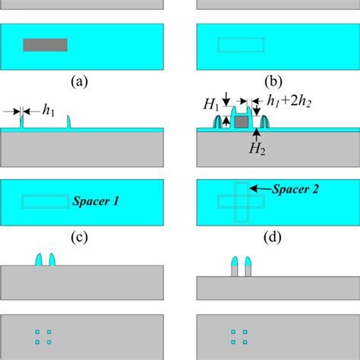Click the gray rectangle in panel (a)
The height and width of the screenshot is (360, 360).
pyautogui.click(x=46, y=45)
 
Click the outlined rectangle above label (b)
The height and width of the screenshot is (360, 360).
pyautogui.click(x=240, y=45)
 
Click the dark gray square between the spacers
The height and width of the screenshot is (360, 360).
pyautogui.click(x=241, y=122)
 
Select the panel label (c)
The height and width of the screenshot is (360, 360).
pyautogui.click(x=81, y=235)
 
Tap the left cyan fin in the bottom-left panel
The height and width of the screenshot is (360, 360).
pyautogui.click(x=39, y=260)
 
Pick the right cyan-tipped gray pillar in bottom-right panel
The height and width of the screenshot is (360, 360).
pyautogui.click(x=248, y=267)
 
